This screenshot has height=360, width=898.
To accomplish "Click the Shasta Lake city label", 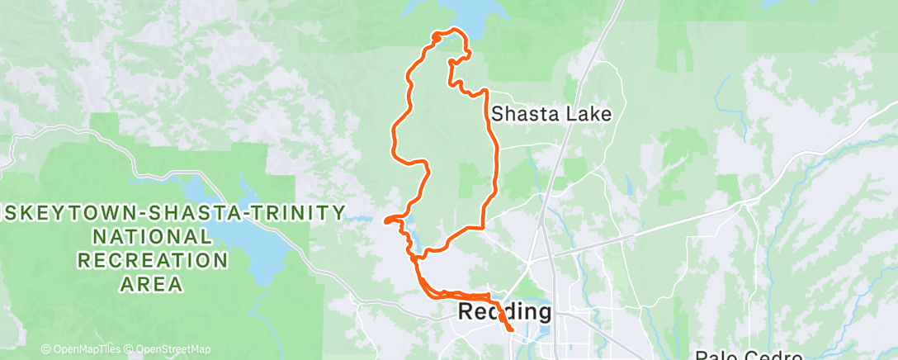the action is point(551,115).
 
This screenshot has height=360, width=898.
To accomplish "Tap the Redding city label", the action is point(503,312).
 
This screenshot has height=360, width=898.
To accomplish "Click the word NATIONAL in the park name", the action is point(152,237).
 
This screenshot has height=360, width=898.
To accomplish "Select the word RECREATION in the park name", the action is point(153,261).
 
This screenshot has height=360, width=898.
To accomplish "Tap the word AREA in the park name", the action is point(152,285).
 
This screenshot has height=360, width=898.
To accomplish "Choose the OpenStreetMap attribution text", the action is point(169,349).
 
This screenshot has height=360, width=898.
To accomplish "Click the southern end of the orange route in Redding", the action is point(511,330).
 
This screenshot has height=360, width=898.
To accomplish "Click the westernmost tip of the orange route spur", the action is point(385,220).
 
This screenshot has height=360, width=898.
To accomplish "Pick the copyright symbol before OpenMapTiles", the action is point(46,349).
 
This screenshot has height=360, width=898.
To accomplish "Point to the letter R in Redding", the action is point(466,312).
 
